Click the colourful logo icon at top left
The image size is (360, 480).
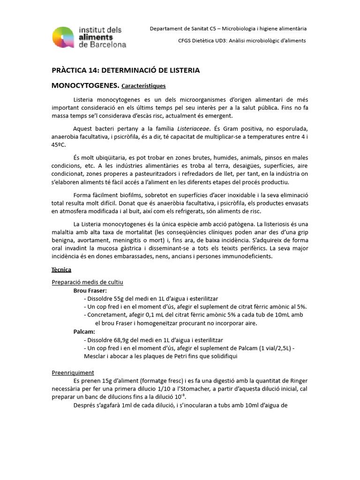coord(64,37)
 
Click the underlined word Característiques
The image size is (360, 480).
coord(143,86)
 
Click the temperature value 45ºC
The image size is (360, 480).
coord(59,145)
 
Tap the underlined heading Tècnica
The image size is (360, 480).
coord(61,270)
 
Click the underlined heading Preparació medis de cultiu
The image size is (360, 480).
coord(87,282)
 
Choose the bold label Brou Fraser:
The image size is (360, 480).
coord(90,291)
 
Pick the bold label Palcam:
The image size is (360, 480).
coord(84,331)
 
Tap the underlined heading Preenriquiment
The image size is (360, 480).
coord(73,373)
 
